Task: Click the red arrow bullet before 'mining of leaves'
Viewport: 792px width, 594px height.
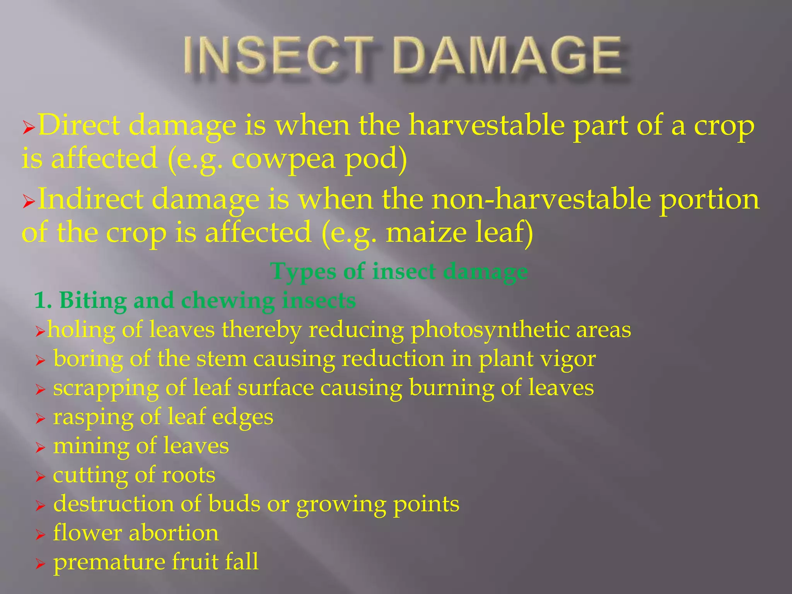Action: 40,448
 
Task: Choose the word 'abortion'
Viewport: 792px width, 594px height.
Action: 174,533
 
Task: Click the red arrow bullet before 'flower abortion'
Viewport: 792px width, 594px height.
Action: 40,535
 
